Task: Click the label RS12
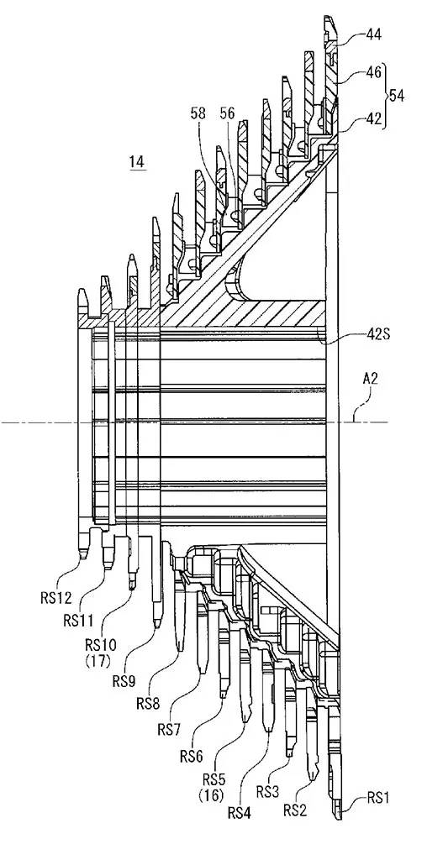click(x=56, y=597)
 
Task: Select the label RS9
click(x=125, y=680)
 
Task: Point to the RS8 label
click(x=149, y=704)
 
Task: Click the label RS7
click(x=171, y=730)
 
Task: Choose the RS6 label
click(x=192, y=756)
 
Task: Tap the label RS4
click(x=240, y=813)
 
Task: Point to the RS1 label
click(x=377, y=798)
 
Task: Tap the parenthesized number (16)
click(x=214, y=792)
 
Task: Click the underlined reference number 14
click(x=137, y=162)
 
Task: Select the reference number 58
click(x=198, y=113)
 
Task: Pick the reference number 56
click(x=228, y=113)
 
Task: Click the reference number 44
click(x=373, y=35)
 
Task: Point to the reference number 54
click(x=397, y=96)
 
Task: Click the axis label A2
click(x=370, y=379)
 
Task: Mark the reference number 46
click(x=373, y=73)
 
